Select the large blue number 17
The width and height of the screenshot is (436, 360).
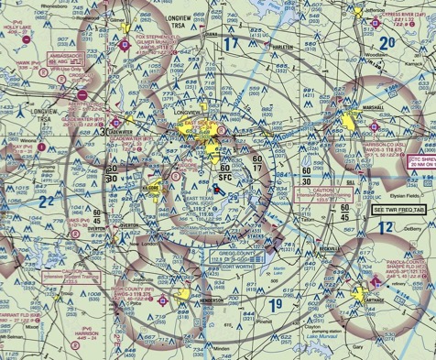tap(231, 43)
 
